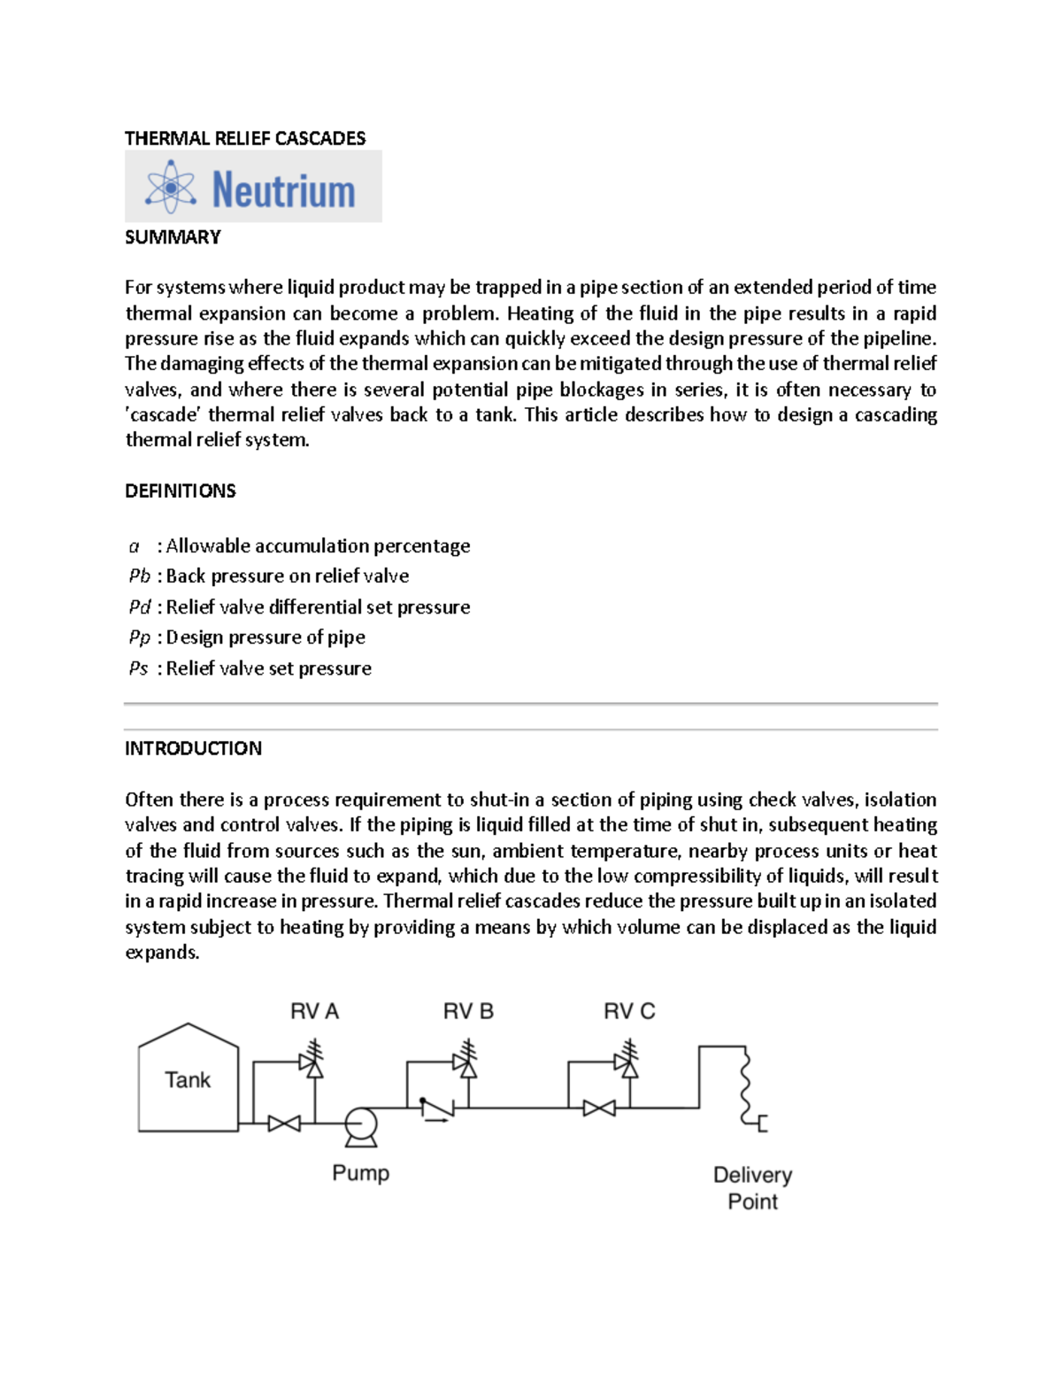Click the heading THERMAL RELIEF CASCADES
click(x=245, y=138)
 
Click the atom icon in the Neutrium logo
click(x=171, y=187)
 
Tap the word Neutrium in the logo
click(x=283, y=190)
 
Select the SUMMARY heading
click(x=173, y=237)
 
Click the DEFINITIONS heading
click(x=180, y=491)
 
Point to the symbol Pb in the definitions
click(x=139, y=576)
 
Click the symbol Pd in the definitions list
click(x=139, y=607)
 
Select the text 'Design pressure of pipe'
click(x=265, y=637)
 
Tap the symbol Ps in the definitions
click(x=138, y=668)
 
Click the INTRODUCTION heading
click(x=193, y=749)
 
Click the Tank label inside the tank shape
click(x=188, y=1080)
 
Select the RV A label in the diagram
click(x=314, y=1011)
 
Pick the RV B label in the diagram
click(x=468, y=1011)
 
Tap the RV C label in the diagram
click(x=629, y=1011)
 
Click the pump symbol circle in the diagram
click(x=360, y=1124)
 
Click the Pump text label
click(x=360, y=1173)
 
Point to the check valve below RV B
click(x=437, y=1108)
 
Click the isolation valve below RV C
click(x=599, y=1108)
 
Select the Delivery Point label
click(x=752, y=1188)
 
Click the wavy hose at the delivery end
click(x=745, y=1085)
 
